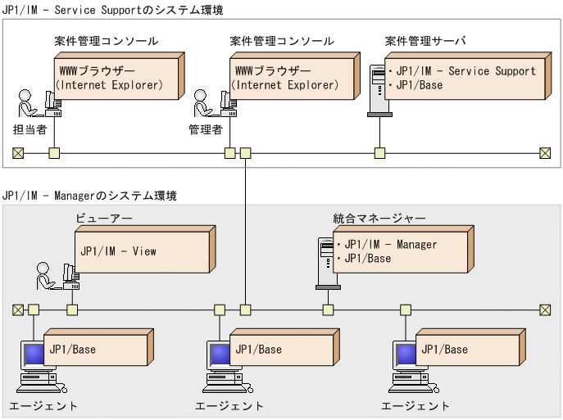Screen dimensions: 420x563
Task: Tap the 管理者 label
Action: [x=206, y=129]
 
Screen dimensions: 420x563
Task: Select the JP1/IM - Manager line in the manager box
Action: [x=390, y=244]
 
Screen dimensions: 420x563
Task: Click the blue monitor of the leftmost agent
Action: [x=33, y=355]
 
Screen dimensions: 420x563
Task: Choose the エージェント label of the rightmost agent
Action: [x=415, y=406]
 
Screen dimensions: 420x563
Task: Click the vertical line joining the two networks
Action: [x=245, y=229]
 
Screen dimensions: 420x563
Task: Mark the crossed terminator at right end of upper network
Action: [x=545, y=152]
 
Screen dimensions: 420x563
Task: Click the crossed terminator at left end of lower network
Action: [x=18, y=309]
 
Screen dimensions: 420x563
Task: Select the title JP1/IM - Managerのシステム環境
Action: [x=89, y=196]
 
